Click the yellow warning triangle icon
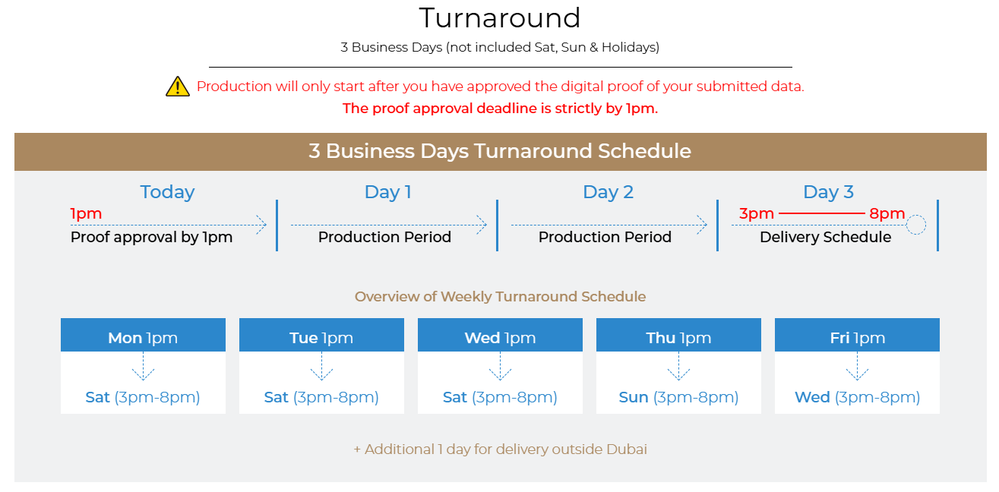click(x=178, y=87)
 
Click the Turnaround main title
click(x=500, y=17)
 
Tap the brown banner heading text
click(x=500, y=151)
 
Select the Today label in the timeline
click(x=167, y=192)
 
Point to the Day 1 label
click(x=387, y=192)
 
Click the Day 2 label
click(x=608, y=192)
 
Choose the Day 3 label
click(x=828, y=192)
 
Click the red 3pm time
click(x=757, y=214)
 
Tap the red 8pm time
click(x=887, y=214)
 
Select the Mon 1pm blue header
click(x=143, y=335)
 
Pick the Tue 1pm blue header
click(x=321, y=335)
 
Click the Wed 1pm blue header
click(x=500, y=335)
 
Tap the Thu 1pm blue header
click(x=678, y=335)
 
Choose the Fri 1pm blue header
click(x=857, y=335)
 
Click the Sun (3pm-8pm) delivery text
click(x=678, y=397)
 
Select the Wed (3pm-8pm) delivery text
click(x=857, y=397)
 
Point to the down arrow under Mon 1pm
click(x=143, y=366)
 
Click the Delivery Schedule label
click(x=826, y=237)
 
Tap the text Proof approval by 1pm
click(x=152, y=237)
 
